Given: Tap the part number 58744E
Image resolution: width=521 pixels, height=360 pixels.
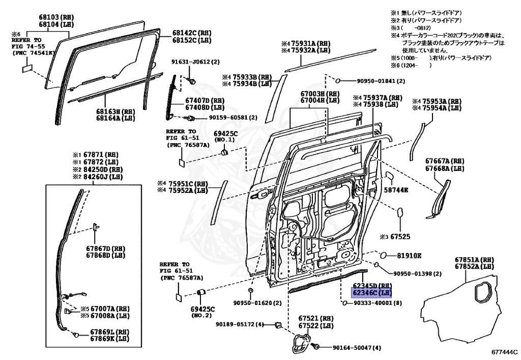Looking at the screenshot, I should pos(396,189).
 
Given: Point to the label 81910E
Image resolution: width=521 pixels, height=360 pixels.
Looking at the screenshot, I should pos(409,255).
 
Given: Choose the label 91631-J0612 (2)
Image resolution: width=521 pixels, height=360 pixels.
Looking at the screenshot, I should pos(195,62).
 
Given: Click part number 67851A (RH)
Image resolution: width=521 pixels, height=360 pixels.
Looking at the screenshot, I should pos(474,259).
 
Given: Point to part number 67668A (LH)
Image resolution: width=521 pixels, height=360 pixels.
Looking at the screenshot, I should pos(445,168).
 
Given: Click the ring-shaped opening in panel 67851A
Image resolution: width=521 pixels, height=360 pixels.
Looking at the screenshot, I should pos(481,292).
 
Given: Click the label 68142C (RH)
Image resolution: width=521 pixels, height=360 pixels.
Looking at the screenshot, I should pos(191,33).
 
